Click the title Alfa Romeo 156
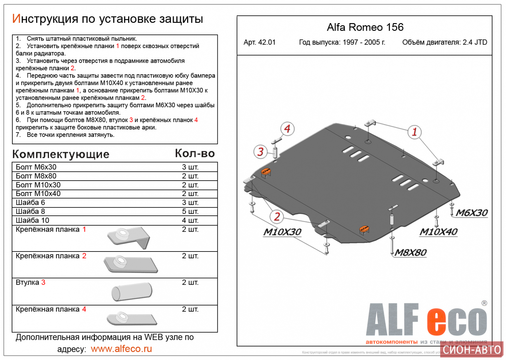(x=365, y=28)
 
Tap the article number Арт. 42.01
(x=259, y=42)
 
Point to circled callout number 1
(x=414, y=132)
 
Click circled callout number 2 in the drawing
(x=277, y=217)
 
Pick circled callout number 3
(x=260, y=152)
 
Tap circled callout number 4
(x=287, y=129)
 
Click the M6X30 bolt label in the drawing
(x=472, y=213)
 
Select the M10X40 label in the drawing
(x=438, y=232)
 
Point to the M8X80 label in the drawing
(x=410, y=252)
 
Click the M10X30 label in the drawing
(x=282, y=232)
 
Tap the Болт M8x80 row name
(x=36, y=176)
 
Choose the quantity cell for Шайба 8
(x=190, y=211)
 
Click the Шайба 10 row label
(x=32, y=220)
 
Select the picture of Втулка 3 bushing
(x=132, y=292)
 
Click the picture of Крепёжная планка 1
(x=128, y=238)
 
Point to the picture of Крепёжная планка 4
(x=131, y=319)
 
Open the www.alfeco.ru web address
(x=121, y=349)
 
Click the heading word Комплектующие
(x=61, y=154)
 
